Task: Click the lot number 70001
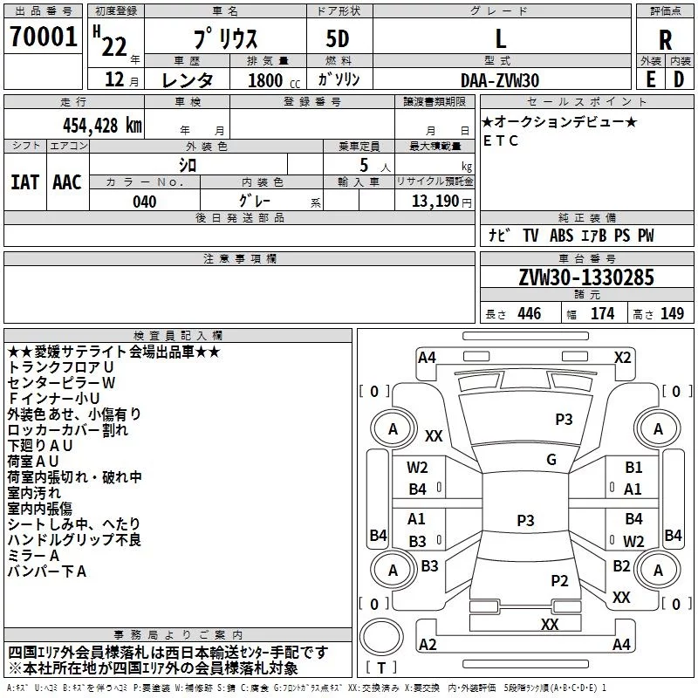43,37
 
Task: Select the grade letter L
501,38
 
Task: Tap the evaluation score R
665,40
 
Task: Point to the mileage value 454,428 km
102,126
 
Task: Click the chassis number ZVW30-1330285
586,277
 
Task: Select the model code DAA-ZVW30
500,80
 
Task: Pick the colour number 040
145,202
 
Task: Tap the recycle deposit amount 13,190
435,202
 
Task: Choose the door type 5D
338,39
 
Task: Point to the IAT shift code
25,182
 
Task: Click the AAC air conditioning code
67,182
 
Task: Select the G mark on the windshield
551,460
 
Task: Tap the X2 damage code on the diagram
622,358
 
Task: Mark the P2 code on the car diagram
559,580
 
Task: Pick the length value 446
530,313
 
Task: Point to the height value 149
672,313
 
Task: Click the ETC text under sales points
501,140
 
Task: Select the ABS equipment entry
561,236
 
